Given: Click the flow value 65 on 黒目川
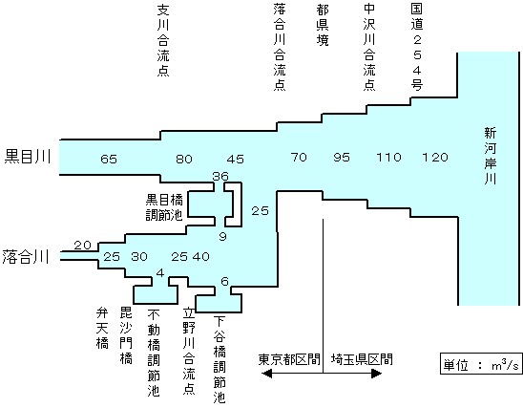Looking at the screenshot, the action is click(x=109, y=159).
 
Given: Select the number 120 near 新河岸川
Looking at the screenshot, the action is click(x=435, y=158).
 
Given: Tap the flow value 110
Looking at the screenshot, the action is click(x=388, y=158).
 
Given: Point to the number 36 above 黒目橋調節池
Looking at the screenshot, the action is click(x=220, y=176).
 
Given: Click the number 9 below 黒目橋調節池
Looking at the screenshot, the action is click(x=222, y=237).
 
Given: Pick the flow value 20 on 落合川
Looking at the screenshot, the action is click(x=82, y=246).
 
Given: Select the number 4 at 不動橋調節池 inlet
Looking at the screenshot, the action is click(x=160, y=273).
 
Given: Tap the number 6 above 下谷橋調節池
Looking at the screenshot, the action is click(x=225, y=282).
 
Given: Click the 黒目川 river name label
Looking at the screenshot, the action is click(x=28, y=157).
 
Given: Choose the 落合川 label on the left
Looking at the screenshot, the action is click(x=26, y=257).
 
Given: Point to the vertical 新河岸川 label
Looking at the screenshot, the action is click(x=491, y=156).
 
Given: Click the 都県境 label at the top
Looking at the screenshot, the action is click(x=323, y=25).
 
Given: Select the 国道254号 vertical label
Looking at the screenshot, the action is click(x=417, y=48).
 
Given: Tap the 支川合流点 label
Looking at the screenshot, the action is click(x=163, y=40).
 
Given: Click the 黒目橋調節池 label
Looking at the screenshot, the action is click(x=164, y=207).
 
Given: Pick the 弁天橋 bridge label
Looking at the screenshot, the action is click(x=102, y=328).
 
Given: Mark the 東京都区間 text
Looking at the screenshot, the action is click(x=289, y=359).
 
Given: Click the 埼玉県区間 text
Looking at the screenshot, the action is click(x=362, y=359).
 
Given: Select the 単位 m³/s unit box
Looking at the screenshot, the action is click(x=481, y=364).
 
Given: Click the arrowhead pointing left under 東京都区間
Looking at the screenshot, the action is click(x=266, y=374).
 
